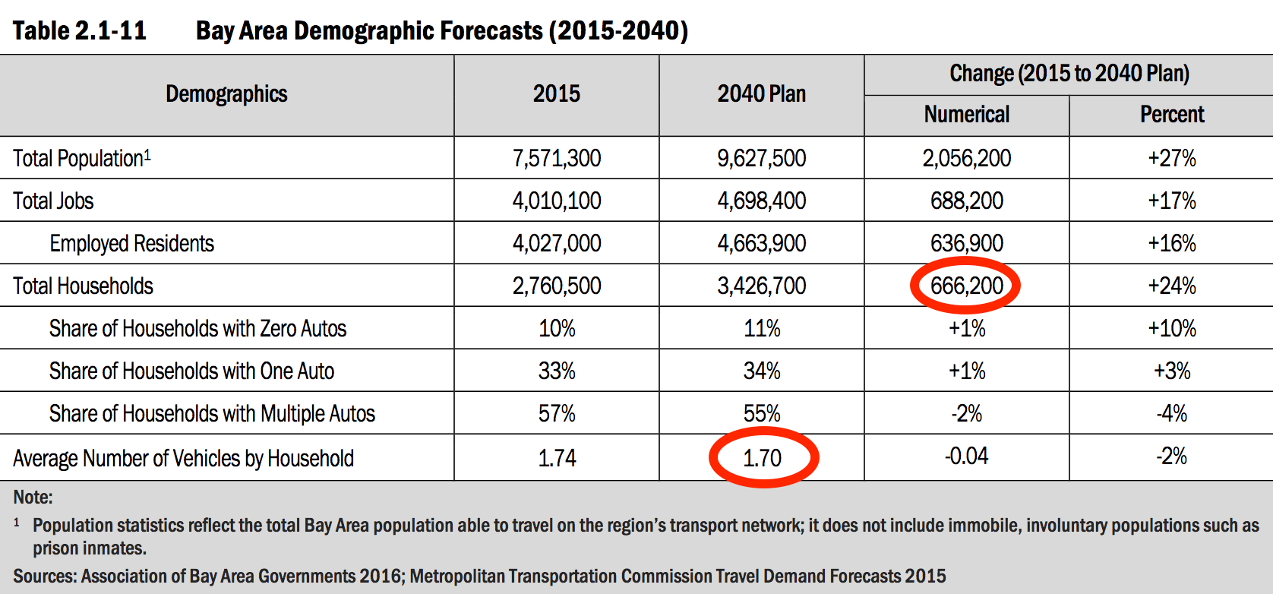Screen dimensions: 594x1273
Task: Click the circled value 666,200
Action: (x=966, y=286)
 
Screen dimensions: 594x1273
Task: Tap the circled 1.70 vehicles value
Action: (x=762, y=458)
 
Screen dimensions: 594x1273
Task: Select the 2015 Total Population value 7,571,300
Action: (x=557, y=159)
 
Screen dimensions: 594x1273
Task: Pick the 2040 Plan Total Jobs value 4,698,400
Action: (x=762, y=201)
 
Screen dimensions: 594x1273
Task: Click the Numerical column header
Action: (x=966, y=115)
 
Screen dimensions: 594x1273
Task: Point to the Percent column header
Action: (x=1171, y=115)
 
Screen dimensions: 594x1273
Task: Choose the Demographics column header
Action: (x=226, y=94)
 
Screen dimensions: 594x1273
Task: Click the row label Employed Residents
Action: (x=131, y=244)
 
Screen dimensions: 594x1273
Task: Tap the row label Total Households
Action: (x=83, y=286)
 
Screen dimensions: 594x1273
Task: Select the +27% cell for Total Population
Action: (x=1171, y=159)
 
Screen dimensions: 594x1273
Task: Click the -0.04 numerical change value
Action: (x=966, y=457)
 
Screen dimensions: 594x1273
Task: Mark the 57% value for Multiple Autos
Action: (x=557, y=414)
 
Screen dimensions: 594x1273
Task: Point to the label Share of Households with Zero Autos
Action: (x=197, y=329)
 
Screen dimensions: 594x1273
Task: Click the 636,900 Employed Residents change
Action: (x=966, y=244)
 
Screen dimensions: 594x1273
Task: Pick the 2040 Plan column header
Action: (x=762, y=94)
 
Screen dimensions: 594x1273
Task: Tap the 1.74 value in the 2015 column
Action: (x=557, y=458)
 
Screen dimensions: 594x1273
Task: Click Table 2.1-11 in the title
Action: (x=79, y=31)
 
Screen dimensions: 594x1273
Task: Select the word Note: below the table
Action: (x=33, y=498)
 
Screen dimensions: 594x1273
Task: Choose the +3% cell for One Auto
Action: (x=1171, y=371)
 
